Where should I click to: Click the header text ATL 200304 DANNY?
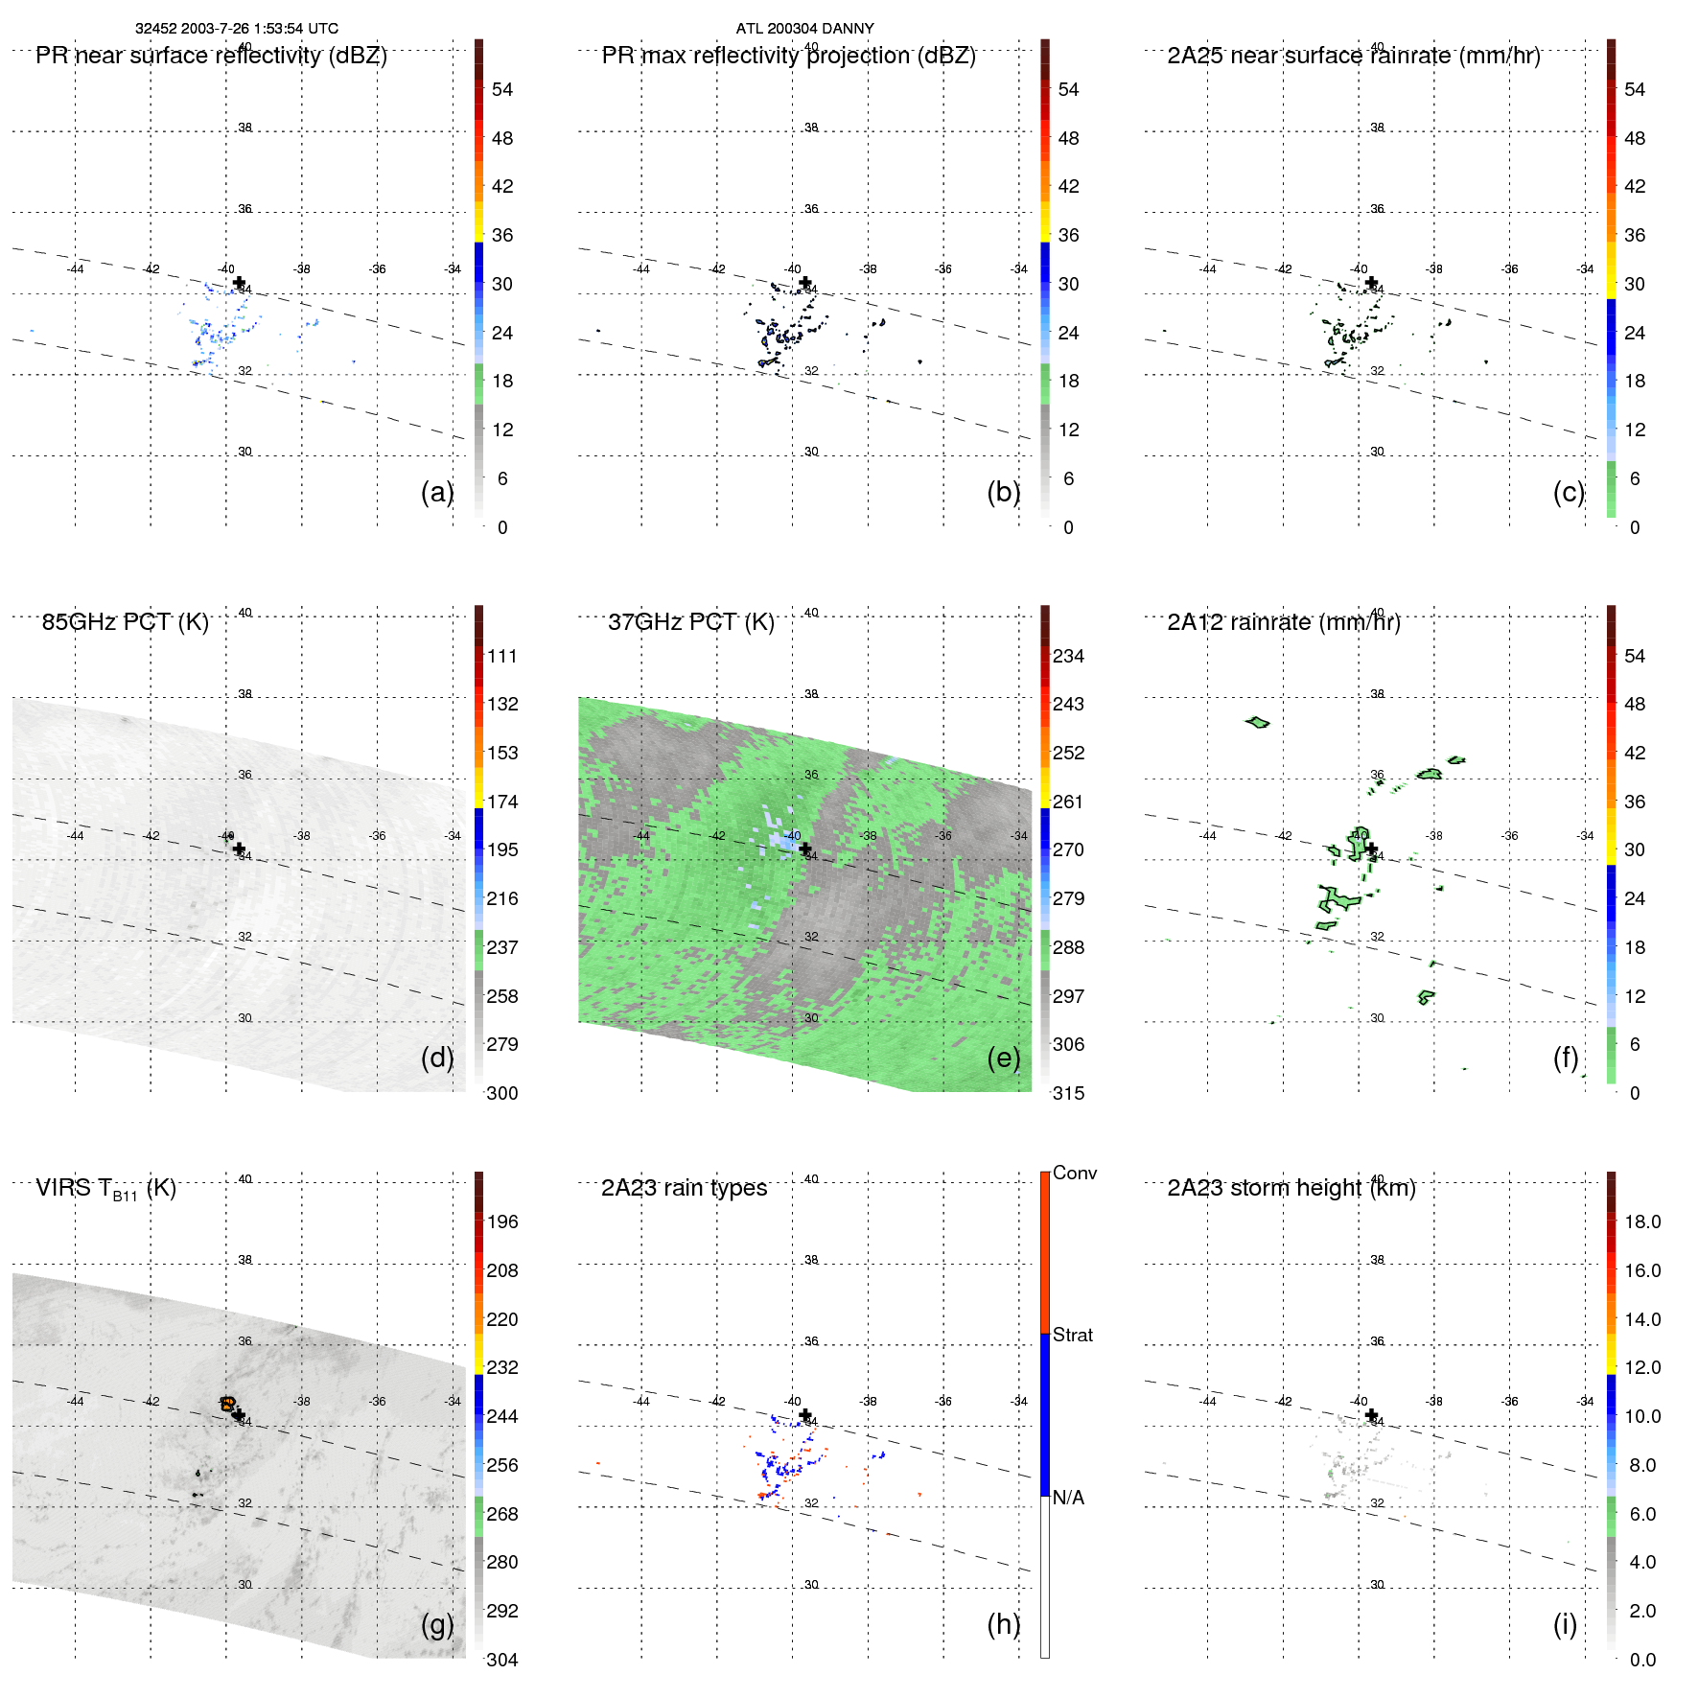coord(804,29)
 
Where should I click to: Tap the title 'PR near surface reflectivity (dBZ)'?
coord(211,56)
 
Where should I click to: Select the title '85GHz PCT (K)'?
coord(125,622)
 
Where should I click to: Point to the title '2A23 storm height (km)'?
coord(1291,1188)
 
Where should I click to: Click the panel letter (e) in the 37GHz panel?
coord(1003,1058)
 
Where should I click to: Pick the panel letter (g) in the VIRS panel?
coord(436,1624)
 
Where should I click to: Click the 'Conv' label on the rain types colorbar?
coord(1074,1173)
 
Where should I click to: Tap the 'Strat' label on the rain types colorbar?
coord(1072,1335)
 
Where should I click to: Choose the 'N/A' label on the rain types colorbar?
coord(1068,1498)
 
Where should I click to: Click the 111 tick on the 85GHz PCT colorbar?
coord(501,656)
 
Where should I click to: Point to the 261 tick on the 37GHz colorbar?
coord(1068,802)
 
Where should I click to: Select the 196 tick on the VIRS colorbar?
coord(501,1221)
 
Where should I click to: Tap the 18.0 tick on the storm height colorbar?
coord(1641,1221)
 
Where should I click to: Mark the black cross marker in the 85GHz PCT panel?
coord(239,848)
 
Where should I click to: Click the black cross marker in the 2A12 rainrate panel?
coord(1371,848)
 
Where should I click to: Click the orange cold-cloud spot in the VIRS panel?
coord(227,1404)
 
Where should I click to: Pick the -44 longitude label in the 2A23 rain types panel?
coord(641,1402)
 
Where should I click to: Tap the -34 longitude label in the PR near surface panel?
coord(454,269)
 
